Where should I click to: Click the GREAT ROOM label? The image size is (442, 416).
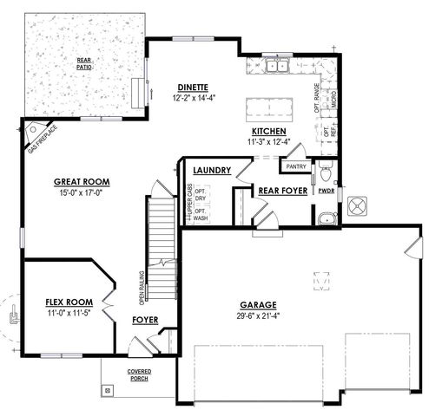[x=81, y=182]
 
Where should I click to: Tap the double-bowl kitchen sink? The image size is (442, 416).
[x=278, y=66]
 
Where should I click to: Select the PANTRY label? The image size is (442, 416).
[x=296, y=166]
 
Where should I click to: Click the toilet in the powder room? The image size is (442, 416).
[x=325, y=168]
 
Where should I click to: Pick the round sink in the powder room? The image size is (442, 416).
[x=325, y=218]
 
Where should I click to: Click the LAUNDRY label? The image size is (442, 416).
[x=212, y=171]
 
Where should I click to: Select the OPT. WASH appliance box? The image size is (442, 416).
[x=201, y=215]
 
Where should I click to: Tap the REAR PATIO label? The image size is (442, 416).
[x=83, y=63]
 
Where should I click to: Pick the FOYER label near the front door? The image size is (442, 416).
[x=145, y=320]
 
